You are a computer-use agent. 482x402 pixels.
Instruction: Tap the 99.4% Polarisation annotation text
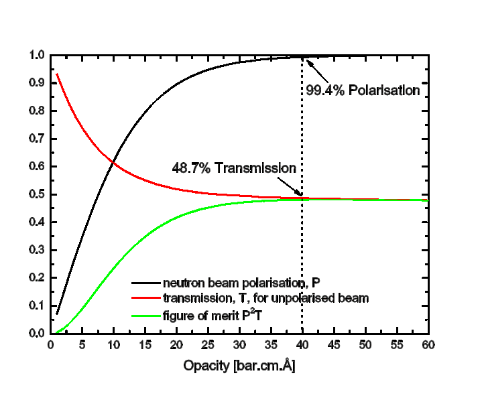click(363, 89)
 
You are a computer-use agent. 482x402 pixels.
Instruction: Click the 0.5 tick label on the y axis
click(37, 194)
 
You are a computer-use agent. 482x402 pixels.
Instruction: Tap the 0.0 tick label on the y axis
click(37, 333)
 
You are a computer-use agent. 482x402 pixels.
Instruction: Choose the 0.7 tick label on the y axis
click(37, 139)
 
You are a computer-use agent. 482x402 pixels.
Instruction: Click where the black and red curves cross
click(113, 161)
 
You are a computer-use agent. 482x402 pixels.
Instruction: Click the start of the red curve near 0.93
click(57, 74)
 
